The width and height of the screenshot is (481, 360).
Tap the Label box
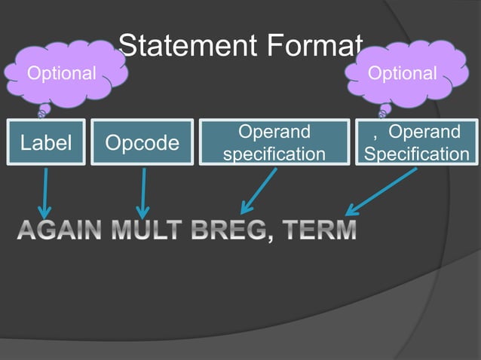[46, 142]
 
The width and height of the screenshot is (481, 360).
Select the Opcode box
[142, 142]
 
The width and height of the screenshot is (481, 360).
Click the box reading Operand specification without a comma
[274, 142]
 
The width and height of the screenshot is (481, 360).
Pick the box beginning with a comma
[416, 142]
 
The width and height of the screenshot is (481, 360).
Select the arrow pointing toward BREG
[259, 191]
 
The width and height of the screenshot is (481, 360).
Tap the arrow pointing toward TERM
[381, 191]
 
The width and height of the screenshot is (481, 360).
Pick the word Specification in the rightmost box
[416, 154]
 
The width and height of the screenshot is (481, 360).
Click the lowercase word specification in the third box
[274, 154]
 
